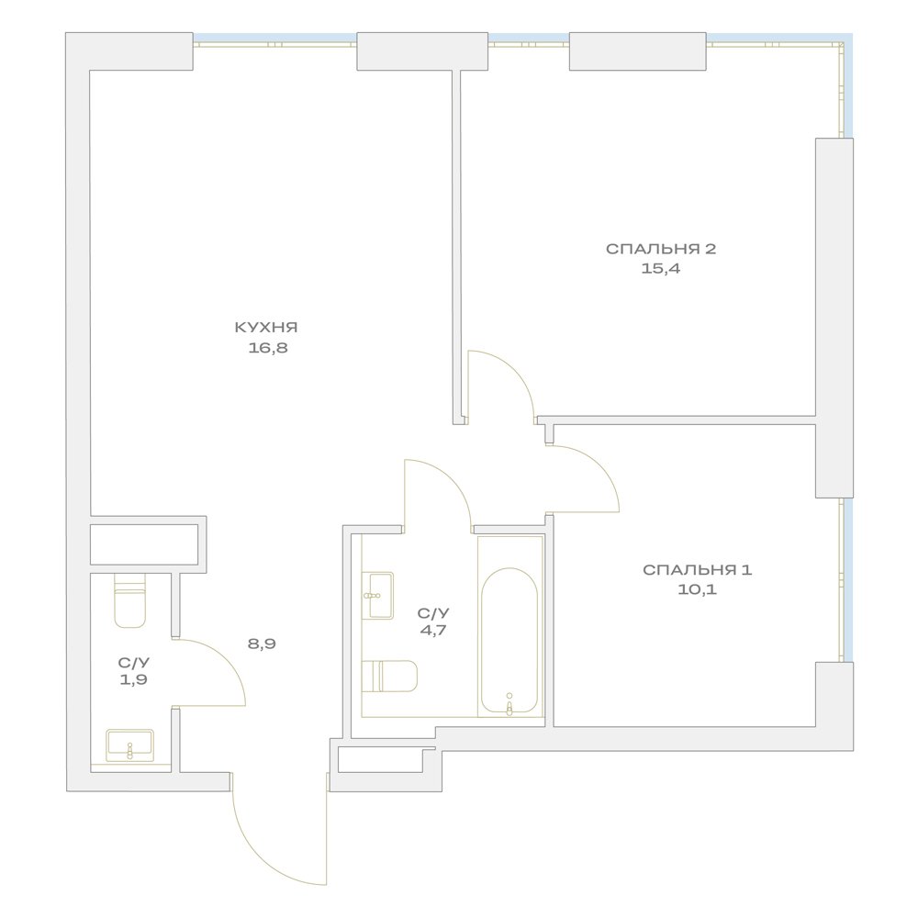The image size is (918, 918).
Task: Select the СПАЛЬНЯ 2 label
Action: pos(661,249)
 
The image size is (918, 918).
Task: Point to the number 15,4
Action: pos(661,269)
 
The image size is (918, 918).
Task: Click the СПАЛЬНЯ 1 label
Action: pos(697,570)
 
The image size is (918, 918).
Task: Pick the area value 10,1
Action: pos(697,589)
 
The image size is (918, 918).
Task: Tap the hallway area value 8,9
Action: pos(261,644)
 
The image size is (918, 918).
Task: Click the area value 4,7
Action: pos(433,631)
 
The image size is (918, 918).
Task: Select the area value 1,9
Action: pos(133,679)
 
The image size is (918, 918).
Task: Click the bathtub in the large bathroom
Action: pos(509,641)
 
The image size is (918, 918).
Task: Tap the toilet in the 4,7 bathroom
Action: pos(389,676)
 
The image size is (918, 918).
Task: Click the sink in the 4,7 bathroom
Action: pos(377,595)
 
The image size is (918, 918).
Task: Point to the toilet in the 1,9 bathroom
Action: pos(129,600)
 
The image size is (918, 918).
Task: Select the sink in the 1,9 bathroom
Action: pos(130,745)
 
